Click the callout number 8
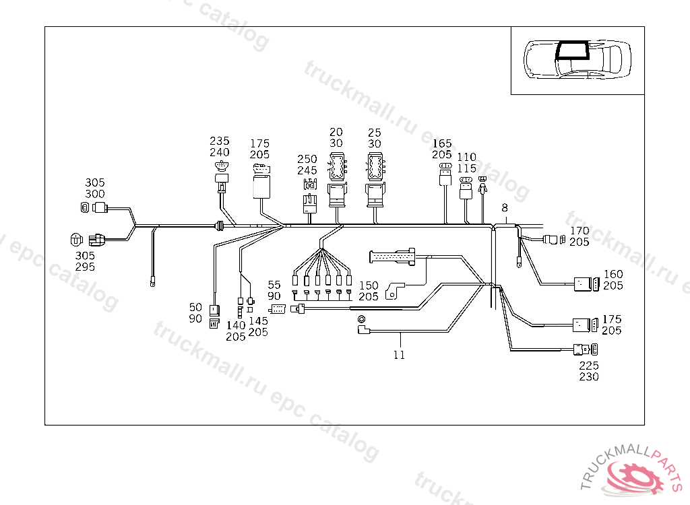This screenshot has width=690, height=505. coord(505,209)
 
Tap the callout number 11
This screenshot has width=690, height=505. coord(400,355)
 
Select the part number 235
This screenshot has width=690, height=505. coord(219,141)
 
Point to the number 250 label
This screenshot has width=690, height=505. coord(307,159)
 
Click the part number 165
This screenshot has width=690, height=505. coord(442,143)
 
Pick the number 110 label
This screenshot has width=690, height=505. coord(466,157)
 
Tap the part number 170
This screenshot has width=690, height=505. coord(579,230)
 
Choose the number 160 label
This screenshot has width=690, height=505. coord(613,274)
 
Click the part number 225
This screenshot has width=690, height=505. coord(589,366)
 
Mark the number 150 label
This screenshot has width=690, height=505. coord(369,285)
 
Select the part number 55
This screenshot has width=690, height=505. coord(274,285)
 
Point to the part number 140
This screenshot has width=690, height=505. coord(236,325)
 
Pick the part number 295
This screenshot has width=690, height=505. coord(85,267)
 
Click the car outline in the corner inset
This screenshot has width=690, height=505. coord(577,59)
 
